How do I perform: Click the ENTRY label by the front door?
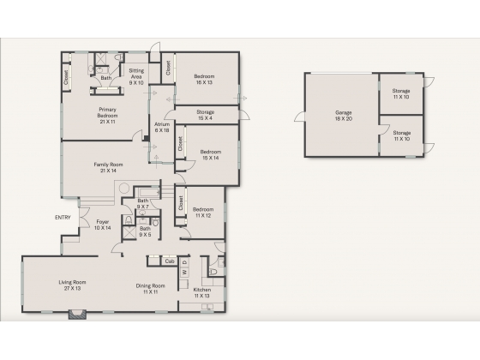[63, 218]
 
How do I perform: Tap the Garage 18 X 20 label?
[344, 116]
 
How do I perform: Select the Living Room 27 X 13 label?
[72, 285]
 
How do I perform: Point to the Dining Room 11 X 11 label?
[150, 289]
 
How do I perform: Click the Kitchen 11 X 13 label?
[202, 292]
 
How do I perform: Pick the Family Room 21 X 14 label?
[108, 167]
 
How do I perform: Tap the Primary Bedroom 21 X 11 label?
[107, 116]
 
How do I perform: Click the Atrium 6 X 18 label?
[162, 128]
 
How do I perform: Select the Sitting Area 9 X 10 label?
[136, 76]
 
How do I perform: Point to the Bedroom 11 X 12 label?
[203, 213]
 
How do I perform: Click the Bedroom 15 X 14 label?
[211, 155]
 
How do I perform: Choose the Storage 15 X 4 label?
[205, 115]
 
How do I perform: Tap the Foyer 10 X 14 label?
[103, 225]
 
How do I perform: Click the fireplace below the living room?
[77, 315]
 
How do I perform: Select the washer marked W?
[184, 272]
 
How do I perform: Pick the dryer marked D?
[184, 262]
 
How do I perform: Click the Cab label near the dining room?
[170, 261]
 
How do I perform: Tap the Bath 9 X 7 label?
[143, 204]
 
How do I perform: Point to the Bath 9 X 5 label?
[145, 231]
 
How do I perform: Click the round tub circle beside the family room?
[124, 188]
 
